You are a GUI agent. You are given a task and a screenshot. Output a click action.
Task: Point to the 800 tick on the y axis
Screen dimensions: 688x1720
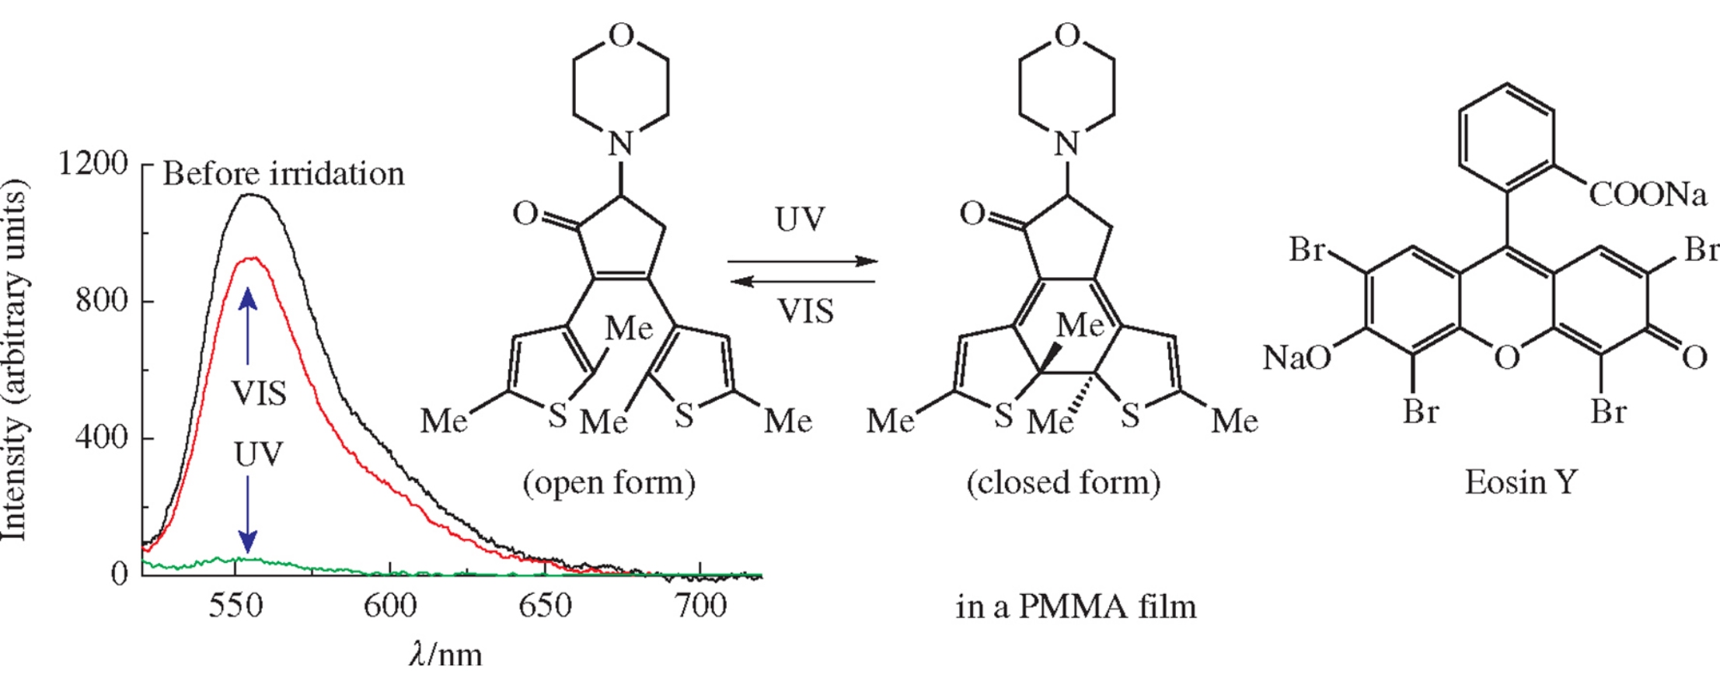click(102, 300)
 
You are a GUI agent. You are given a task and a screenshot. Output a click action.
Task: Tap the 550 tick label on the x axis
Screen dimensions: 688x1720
click(235, 606)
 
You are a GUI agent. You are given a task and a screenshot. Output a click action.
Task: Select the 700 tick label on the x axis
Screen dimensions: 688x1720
click(701, 606)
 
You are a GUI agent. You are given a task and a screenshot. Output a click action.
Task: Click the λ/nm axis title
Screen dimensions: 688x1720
click(445, 655)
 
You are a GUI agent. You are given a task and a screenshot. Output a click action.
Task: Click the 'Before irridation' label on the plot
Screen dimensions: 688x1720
click(284, 174)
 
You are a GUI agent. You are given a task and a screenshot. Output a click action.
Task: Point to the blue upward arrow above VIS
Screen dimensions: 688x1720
click(248, 325)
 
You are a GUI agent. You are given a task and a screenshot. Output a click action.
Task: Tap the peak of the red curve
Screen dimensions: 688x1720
click(253, 259)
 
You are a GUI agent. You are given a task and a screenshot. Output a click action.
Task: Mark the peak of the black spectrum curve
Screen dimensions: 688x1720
click(251, 195)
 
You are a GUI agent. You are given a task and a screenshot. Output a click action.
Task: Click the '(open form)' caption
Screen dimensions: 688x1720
click(609, 483)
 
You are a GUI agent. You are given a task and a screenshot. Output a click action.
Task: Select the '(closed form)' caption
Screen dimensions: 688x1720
click(1063, 483)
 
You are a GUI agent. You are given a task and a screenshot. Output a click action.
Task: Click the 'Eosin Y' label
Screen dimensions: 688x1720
click(1521, 483)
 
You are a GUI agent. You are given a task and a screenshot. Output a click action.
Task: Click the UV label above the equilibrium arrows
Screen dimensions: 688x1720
click(800, 220)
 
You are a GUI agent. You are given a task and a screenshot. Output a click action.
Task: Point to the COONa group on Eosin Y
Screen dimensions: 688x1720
click(1648, 194)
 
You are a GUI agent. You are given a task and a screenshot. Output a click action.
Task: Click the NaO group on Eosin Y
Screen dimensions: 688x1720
click(1296, 358)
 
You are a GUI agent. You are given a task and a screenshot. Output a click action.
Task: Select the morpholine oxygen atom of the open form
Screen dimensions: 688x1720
click(620, 36)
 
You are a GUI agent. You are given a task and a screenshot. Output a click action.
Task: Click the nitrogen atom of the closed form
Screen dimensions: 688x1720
click(1067, 144)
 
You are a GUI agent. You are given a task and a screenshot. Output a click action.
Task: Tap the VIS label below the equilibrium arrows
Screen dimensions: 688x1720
click(805, 311)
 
